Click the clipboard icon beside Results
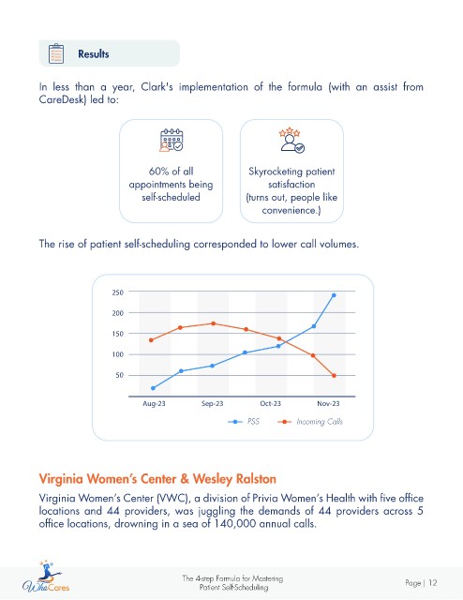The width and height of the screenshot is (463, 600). [56, 53]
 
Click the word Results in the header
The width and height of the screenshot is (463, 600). [94, 54]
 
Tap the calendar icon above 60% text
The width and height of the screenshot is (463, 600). [171, 140]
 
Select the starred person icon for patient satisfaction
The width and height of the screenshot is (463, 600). [291, 141]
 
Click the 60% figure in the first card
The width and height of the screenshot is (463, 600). [158, 171]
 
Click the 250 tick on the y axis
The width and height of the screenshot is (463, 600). [118, 292]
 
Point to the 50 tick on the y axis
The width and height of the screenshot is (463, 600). [120, 375]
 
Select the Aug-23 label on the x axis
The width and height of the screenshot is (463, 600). [154, 404]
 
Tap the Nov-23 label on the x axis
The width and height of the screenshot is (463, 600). [328, 404]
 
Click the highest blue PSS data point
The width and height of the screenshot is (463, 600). [334, 295]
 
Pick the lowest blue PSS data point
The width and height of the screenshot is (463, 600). [153, 388]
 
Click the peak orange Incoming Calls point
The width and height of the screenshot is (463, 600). [213, 323]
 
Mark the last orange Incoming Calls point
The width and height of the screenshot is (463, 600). [334, 376]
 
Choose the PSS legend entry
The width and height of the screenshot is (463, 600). [244, 422]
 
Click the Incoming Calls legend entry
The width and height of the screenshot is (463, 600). [310, 422]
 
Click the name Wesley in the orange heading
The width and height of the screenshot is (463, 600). [213, 479]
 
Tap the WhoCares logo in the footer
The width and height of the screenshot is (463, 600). [46, 577]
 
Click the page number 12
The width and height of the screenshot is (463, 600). [432, 583]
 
